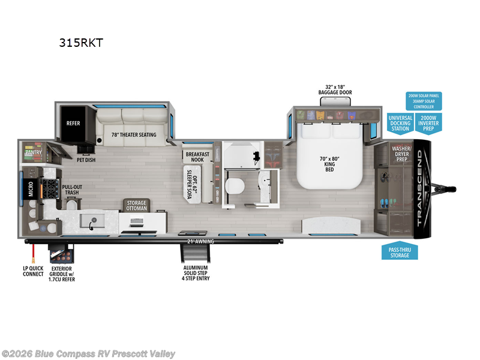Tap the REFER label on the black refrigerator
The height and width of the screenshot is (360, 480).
pos(73,124)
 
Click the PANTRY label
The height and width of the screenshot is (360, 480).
pos(32,152)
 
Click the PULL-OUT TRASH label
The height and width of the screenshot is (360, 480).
pos(73,190)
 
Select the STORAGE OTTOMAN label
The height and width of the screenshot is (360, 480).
pos(136,206)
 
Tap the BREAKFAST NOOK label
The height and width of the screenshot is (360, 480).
pos(197,157)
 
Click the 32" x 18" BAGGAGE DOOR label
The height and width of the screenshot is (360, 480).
pos(335,89)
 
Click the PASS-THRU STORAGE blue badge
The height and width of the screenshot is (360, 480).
pos(400,251)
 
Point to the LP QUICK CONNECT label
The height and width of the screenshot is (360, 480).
pos(33,271)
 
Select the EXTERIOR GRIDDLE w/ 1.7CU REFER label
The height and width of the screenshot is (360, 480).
pos(63,274)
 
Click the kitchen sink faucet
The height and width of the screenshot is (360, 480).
pos(92,226)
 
